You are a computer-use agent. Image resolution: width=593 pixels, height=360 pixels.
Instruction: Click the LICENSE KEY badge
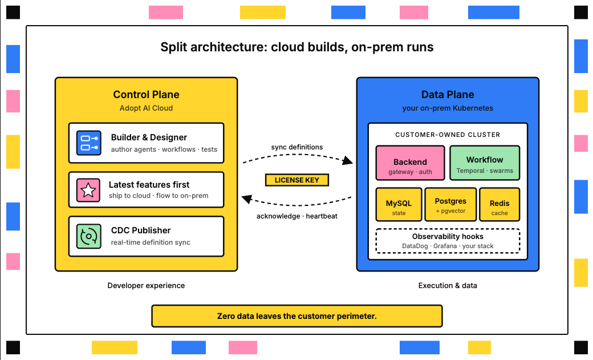pos(296,180)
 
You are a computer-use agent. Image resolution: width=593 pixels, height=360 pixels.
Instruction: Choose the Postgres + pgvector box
pos(450,204)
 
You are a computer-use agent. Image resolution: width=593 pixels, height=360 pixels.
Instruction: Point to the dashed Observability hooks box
pos(448,241)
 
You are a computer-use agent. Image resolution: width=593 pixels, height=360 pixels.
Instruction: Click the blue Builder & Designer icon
pos(89,143)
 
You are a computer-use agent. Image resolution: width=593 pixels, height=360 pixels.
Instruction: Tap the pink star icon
pos(89,190)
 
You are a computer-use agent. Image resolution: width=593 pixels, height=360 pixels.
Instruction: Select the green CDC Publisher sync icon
pos(89,236)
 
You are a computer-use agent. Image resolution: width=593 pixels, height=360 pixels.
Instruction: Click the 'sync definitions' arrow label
pos(296,147)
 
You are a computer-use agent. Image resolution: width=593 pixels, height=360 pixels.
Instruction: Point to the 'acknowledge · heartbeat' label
pos(296,216)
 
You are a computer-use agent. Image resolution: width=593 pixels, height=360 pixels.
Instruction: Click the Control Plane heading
pos(146,95)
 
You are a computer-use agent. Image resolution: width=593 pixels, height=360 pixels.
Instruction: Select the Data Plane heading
pos(448,95)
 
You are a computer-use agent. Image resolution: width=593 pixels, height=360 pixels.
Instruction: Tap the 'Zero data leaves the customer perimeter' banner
pos(296,316)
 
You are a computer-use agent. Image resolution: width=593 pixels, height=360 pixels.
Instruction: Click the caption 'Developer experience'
pos(146,285)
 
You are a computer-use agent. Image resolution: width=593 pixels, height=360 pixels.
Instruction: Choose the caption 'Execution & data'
pos(448,285)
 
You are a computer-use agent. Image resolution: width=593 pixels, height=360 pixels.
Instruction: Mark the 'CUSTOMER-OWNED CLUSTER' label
pos(448,135)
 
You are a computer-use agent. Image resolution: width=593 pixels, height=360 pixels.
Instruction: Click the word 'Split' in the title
pos(173,47)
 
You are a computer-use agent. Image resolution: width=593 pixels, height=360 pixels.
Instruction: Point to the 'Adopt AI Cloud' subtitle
pos(146,108)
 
